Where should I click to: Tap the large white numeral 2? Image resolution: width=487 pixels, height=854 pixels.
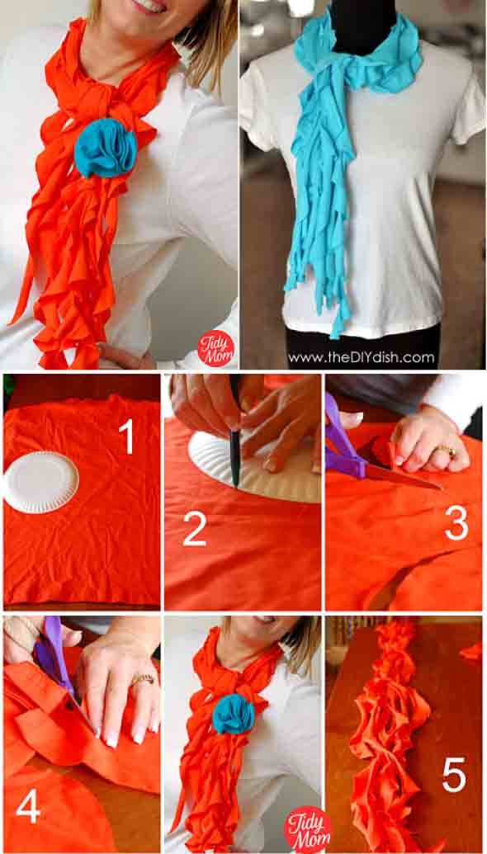194,530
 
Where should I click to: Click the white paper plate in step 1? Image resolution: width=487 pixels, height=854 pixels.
40,482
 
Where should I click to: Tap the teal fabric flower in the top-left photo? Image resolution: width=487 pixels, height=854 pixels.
106,148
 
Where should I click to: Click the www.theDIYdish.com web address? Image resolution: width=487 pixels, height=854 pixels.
362,357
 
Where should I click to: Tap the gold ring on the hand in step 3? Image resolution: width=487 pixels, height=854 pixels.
447,451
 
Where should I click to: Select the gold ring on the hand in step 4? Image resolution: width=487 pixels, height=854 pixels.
143,679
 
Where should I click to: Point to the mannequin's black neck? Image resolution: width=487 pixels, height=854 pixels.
359,25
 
